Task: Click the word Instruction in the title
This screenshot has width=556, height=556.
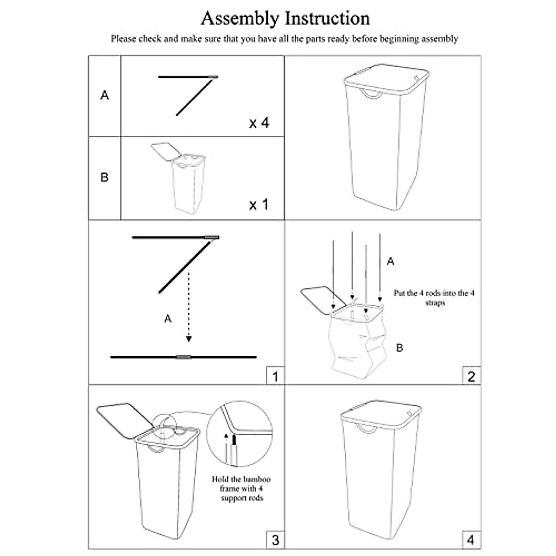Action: click(x=327, y=19)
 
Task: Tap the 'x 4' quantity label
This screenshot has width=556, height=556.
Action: click(x=259, y=123)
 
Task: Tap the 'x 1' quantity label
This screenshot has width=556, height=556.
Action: click(x=259, y=204)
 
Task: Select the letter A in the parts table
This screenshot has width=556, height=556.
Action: click(x=105, y=95)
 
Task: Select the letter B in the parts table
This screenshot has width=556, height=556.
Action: click(x=105, y=177)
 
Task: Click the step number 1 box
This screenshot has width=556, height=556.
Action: click(x=275, y=376)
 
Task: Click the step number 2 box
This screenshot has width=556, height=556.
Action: click(x=471, y=376)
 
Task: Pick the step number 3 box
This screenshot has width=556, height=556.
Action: click(x=275, y=540)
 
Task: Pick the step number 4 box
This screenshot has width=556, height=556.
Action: click(x=471, y=540)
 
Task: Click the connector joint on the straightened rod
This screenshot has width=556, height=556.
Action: click(x=183, y=357)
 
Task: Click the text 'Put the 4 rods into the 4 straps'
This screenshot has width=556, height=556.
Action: click(x=434, y=297)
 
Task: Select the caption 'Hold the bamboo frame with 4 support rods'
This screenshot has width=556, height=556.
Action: click(x=241, y=488)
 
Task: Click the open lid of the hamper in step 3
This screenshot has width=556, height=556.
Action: click(x=124, y=421)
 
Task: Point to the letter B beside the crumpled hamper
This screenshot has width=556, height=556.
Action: click(x=399, y=347)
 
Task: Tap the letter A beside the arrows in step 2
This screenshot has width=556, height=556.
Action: click(x=391, y=262)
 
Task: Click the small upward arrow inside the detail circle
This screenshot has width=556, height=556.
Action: click(x=226, y=437)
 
